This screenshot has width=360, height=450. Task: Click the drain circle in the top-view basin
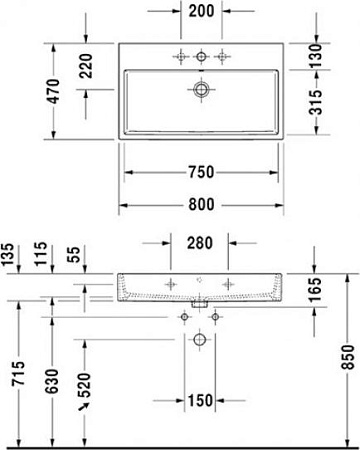tap(201, 91)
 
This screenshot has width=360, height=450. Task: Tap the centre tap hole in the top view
tap(201, 56)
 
